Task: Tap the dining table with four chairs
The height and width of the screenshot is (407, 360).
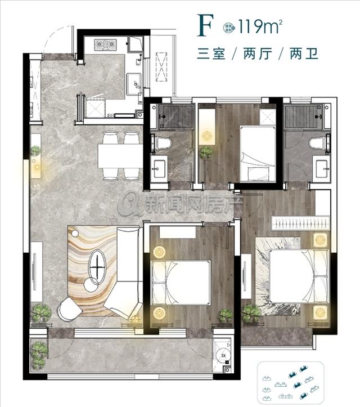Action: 119,155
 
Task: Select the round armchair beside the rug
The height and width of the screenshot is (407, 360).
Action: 70,309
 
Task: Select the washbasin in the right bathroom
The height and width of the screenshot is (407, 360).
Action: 322,168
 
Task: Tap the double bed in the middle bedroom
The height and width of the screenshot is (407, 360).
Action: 180,282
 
